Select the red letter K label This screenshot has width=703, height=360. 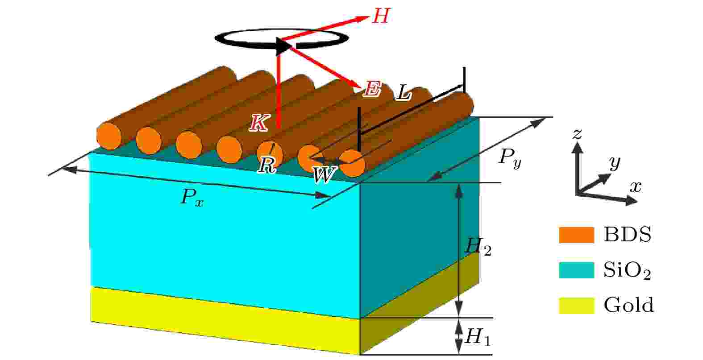[x=259, y=123]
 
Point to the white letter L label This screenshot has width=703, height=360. [x=403, y=93]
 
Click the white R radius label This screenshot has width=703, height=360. [x=267, y=165]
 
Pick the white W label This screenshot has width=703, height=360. [x=324, y=174]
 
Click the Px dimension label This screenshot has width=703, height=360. [x=192, y=198]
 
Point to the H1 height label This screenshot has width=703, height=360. [x=478, y=337]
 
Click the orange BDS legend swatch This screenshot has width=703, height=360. [x=577, y=235]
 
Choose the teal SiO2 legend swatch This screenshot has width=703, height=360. [x=577, y=270]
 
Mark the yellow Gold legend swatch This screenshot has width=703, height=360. [x=577, y=306]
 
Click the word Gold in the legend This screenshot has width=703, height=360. [x=628, y=305]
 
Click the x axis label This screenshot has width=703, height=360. [x=636, y=187]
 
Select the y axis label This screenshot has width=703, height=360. [x=615, y=163]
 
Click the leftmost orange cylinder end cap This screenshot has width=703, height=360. [x=108, y=136]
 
